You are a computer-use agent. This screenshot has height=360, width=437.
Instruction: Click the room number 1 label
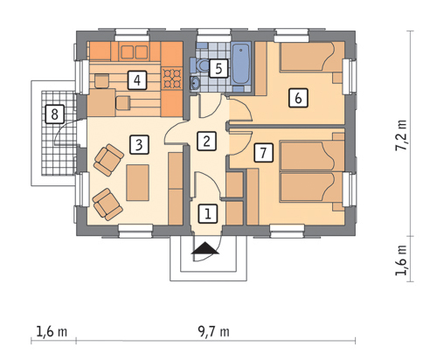pos(208,214)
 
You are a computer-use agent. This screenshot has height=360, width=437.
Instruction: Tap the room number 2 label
pos(206,142)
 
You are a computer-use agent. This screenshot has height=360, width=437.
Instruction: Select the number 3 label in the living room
pos(139,144)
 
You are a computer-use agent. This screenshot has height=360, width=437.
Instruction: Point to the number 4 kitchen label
pos(137,80)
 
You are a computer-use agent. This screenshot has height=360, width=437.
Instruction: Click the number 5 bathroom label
pos(218,68)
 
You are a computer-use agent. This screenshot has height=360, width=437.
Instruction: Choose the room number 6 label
pos(298,98)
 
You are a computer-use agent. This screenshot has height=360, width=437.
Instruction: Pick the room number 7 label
pos(264,152)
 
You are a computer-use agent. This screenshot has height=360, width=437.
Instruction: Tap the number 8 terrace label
pos(54,114)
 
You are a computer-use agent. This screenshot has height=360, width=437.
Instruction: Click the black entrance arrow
pos(205,248)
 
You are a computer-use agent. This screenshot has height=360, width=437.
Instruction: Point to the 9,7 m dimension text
pos(213,331)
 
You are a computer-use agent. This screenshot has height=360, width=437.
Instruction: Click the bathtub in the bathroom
pos(241,63)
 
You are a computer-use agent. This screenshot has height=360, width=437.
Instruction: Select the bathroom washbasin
pos(195,83)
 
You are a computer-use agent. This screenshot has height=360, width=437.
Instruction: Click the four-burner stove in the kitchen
pos(172,78)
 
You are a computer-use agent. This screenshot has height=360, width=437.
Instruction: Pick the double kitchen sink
pos(134,52)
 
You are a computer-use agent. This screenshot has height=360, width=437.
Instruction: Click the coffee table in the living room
pos(138,183)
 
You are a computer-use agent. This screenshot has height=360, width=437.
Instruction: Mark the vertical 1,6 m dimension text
pos(401,260)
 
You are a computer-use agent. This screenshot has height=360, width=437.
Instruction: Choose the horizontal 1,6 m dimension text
pos(52,331)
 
